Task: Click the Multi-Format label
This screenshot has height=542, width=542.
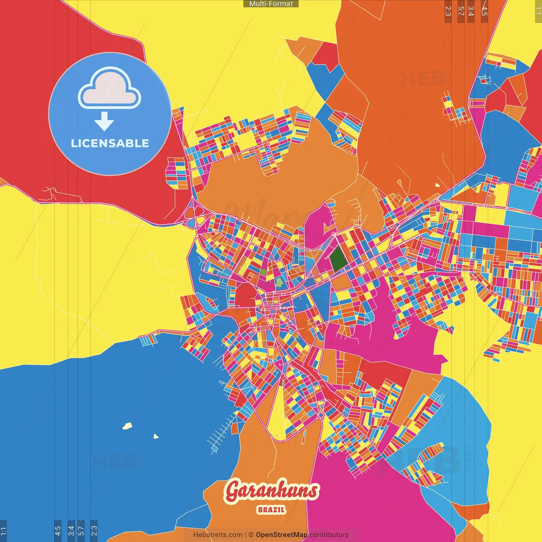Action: pyautogui.click(x=271, y=4)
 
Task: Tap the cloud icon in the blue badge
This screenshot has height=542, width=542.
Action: pyautogui.click(x=109, y=89)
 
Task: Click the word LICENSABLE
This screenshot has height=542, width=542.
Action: pyautogui.click(x=110, y=143)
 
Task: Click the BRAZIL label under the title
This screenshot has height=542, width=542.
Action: pyautogui.click(x=271, y=510)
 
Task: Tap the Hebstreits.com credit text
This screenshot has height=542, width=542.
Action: pyautogui.click(x=218, y=535)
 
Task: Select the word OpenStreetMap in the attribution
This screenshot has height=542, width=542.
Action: pyautogui.click(x=282, y=535)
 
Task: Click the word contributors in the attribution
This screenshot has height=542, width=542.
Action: pyautogui.click(x=329, y=535)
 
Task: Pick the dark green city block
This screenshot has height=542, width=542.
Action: pyautogui.click(x=338, y=259)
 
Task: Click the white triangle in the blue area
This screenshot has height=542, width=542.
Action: pyautogui.click(x=156, y=436)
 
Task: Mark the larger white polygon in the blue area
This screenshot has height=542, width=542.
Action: pyautogui.click(x=127, y=426)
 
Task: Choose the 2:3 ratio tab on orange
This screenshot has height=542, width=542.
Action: pyautogui.click(x=448, y=11)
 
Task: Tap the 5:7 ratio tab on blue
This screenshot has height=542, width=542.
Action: pyautogui.click(x=81, y=530)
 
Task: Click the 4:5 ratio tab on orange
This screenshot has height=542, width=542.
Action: pyautogui.click(x=484, y=11)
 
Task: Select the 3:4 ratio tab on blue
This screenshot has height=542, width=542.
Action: pyautogui.click(x=71, y=530)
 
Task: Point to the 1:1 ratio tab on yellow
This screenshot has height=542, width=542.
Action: pyautogui.click(x=538, y=11)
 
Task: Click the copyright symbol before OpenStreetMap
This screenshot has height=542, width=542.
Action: pyautogui.click(x=251, y=535)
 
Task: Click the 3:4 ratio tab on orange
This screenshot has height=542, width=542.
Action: pyautogui.click(x=470, y=11)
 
